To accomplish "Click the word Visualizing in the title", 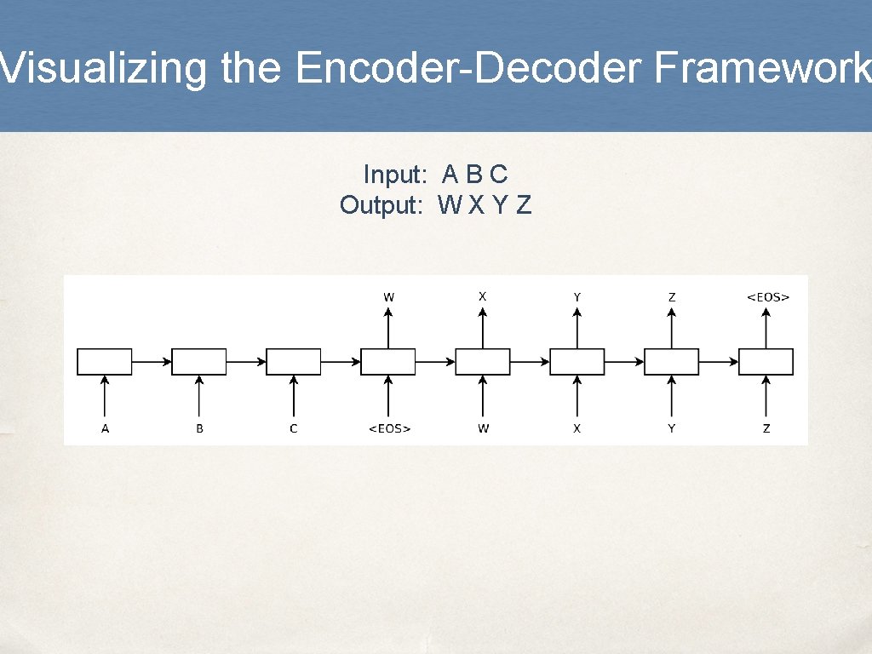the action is (x=103, y=68).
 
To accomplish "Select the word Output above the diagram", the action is (x=381, y=205).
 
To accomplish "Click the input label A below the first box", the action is (x=105, y=428).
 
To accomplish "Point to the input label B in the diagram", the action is (x=199, y=428).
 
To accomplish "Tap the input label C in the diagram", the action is (x=294, y=428).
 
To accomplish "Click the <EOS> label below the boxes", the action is (x=389, y=428).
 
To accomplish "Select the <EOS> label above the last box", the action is (x=767, y=297).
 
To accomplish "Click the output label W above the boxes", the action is (x=388, y=297).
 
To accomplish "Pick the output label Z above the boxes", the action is (x=672, y=297).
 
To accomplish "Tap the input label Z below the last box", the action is (x=766, y=428).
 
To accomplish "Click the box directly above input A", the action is (x=105, y=362).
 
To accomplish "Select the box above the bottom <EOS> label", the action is (x=388, y=362).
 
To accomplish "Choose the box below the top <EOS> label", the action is (x=766, y=362).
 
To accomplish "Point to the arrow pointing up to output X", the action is (x=483, y=328).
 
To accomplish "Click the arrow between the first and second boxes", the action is (x=152, y=362).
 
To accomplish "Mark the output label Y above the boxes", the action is (x=577, y=297).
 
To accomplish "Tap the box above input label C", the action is (x=294, y=362).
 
